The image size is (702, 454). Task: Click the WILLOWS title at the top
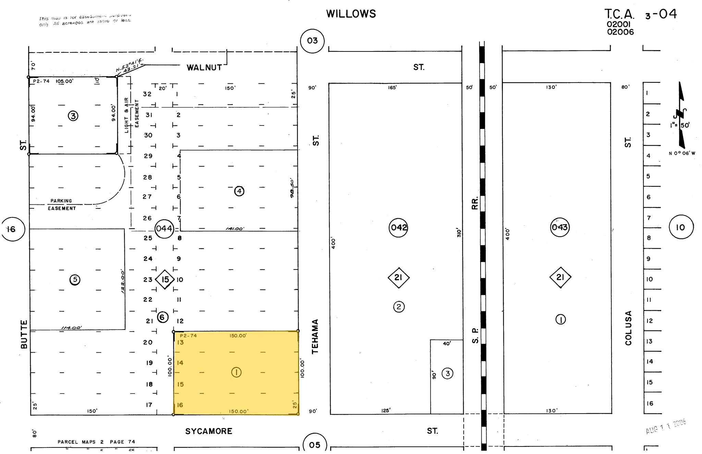click(351, 14)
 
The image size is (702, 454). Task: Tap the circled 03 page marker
click(312, 41)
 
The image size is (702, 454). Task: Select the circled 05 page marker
click(314, 445)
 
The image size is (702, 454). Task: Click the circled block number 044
click(164, 228)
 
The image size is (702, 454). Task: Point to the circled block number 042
click(399, 227)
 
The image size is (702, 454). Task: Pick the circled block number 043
click(560, 227)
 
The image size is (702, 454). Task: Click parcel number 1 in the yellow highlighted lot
click(236, 372)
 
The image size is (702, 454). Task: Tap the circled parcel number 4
click(239, 191)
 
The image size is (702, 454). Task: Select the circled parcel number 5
click(75, 280)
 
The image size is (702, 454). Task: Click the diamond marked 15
click(165, 279)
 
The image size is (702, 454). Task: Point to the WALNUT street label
click(204, 68)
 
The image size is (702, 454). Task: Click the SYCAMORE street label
click(209, 431)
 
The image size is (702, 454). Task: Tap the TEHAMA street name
click(315, 336)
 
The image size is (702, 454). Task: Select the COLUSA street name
click(628, 328)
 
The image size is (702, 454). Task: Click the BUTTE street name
click(24, 334)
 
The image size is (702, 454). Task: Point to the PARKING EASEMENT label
click(62, 204)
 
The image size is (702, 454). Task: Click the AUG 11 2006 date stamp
click(666, 427)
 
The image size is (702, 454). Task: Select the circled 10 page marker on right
click(681, 227)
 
